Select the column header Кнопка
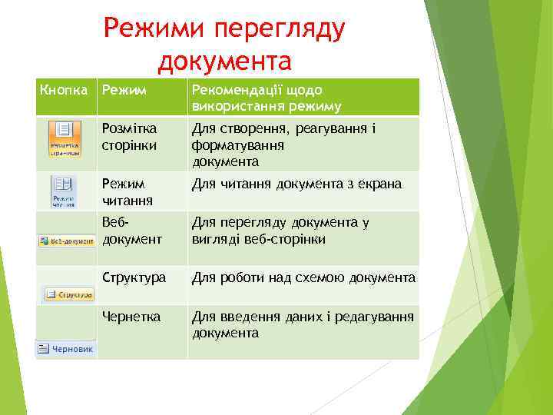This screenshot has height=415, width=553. [x=64, y=91]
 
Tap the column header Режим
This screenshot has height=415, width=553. [x=121, y=91]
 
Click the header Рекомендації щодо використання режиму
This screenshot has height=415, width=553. [x=266, y=98]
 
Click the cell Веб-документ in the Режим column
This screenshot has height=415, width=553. [x=131, y=231]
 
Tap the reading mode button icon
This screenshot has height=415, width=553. [x=63, y=191]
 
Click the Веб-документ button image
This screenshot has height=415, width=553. [x=67, y=241]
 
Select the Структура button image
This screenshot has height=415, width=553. [x=68, y=294]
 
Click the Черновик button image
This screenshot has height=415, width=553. [x=66, y=349]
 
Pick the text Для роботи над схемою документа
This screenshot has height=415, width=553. [x=303, y=277]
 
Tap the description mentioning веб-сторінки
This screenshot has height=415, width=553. [x=280, y=231]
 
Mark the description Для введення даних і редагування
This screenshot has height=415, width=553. [x=302, y=324]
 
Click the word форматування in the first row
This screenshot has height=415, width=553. [x=238, y=144]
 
